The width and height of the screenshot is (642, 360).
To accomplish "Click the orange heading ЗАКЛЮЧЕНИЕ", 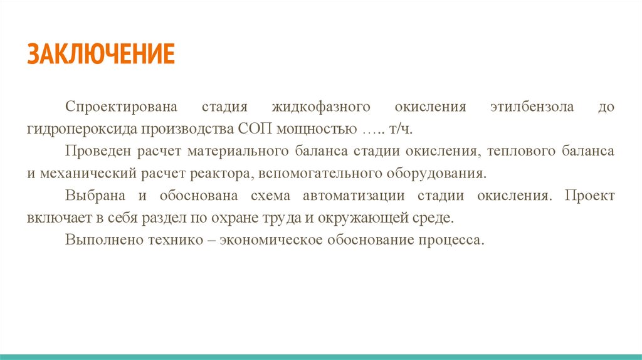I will click(x=100, y=55).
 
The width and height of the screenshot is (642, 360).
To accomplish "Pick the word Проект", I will click(x=589, y=196).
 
